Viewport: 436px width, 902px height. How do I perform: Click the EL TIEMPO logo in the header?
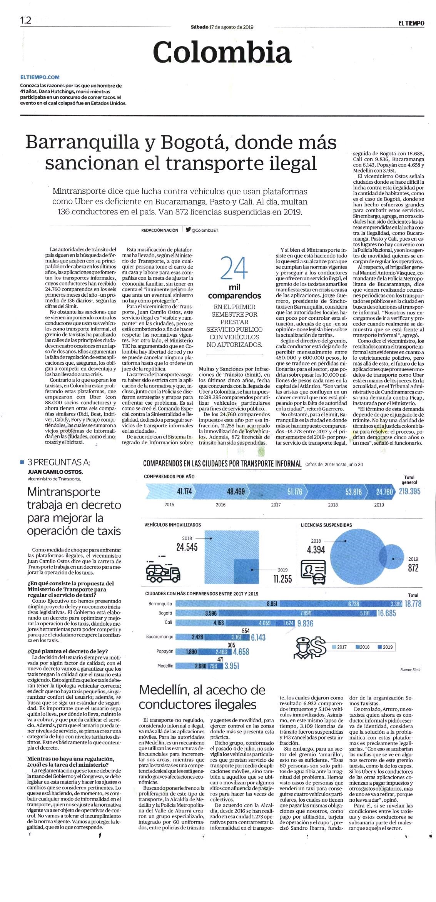tap(411, 23)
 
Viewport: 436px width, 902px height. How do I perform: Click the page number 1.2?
tap(25, 20)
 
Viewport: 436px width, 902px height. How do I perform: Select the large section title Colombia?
tap(222, 52)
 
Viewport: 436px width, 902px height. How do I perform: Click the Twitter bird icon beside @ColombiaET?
tap(188, 230)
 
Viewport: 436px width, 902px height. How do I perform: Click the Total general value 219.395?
tap(409, 491)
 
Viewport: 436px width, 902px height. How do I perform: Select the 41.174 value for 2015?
tap(184, 491)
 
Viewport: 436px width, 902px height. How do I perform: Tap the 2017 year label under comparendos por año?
tap(276, 505)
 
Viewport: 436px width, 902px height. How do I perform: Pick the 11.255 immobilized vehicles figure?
tap(282, 578)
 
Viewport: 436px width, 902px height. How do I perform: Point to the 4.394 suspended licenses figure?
tap(316, 550)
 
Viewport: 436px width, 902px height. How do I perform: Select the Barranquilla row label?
tap(160, 604)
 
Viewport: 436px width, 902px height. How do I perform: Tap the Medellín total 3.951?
tap(232, 666)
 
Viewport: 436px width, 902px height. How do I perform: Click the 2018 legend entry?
tap(361, 647)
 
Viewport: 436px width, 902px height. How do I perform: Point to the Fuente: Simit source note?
tap(410, 669)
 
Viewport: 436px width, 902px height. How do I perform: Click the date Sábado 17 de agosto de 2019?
tap(222, 27)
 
